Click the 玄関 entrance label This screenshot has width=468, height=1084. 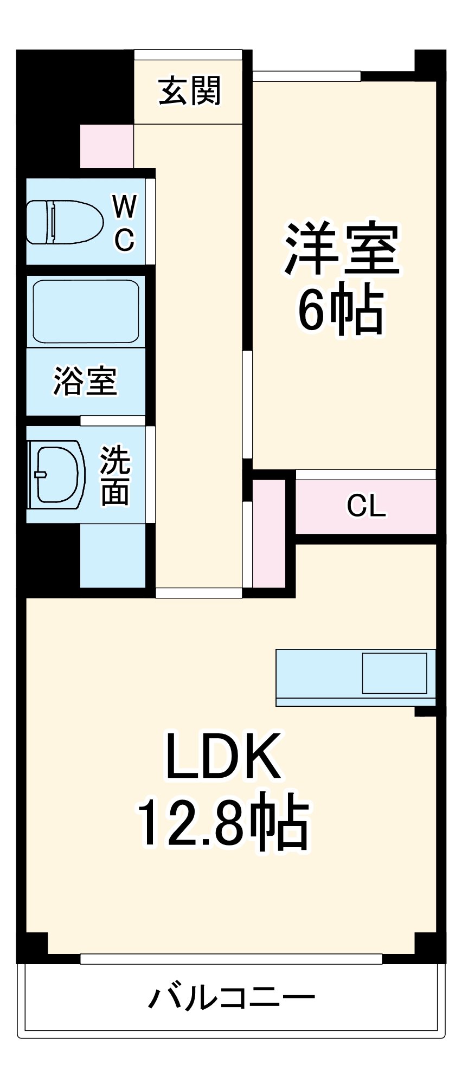(x=189, y=91)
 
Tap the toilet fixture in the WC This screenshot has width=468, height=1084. (x=64, y=222)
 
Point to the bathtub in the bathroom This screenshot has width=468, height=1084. (x=85, y=311)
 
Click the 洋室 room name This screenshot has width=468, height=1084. (x=342, y=249)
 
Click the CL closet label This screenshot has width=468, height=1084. (x=366, y=506)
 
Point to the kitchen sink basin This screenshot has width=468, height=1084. (x=394, y=673)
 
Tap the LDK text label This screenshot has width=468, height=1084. (x=223, y=756)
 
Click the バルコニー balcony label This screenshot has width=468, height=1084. (x=232, y=998)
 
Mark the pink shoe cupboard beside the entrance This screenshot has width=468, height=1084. (x=107, y=146)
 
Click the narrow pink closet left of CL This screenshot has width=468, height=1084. (x=269, y=533)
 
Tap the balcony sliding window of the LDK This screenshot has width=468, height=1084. (x=231, y=959)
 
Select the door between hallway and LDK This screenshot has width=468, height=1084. (x=198, y=592)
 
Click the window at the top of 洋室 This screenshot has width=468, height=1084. (x=306, y=76)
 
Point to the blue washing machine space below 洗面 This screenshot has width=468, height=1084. (x=113, y=555)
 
